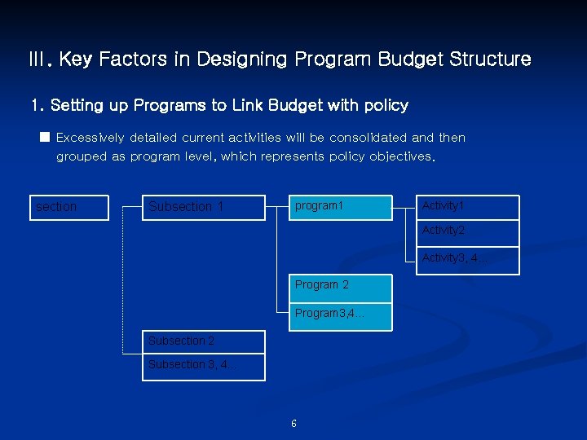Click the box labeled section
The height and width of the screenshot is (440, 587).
(x=69, y=208)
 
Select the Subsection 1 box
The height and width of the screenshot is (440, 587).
(x=204, y=208)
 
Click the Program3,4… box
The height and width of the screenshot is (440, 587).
(x=341, y=315)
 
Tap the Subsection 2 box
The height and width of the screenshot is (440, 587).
(x=204, y=341)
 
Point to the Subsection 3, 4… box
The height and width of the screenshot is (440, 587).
(x=204, y=366)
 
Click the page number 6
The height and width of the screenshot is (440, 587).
(x=293, y=424)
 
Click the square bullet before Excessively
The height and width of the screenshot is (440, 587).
(x=45, y=137)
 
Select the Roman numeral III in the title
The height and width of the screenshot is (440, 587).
(x=38, y=59)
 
